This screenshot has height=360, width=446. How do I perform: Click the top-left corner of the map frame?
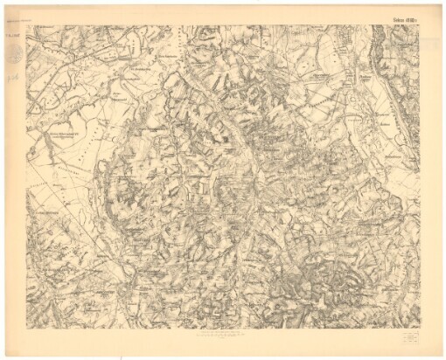tap(26, 24)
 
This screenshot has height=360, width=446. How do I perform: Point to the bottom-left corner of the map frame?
tap(26, 328)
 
